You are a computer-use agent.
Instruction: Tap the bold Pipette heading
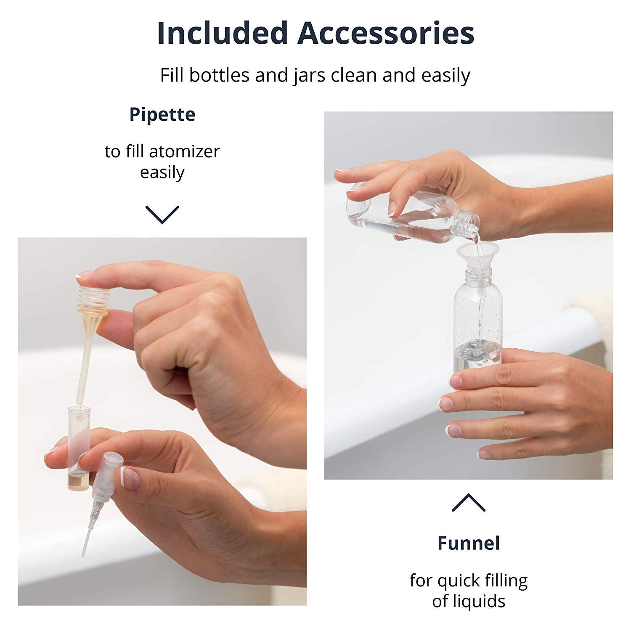(162, 115)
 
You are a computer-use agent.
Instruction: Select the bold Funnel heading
(469, 543)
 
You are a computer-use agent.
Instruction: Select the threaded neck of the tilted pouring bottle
(468, 221)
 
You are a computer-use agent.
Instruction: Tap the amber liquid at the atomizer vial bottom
(76, 480)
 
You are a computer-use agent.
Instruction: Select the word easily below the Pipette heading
(162, 173)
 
